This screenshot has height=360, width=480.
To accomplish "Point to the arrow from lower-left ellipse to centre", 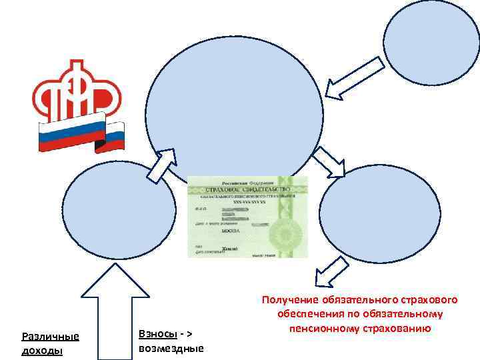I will coord(161,165).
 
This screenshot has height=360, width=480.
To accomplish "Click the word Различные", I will coord(50,337).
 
